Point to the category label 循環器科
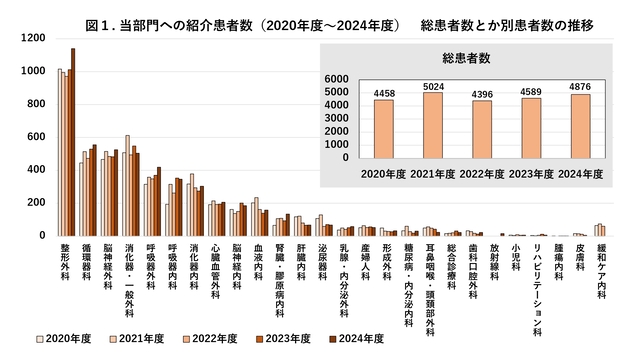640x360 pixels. point(85,261)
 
